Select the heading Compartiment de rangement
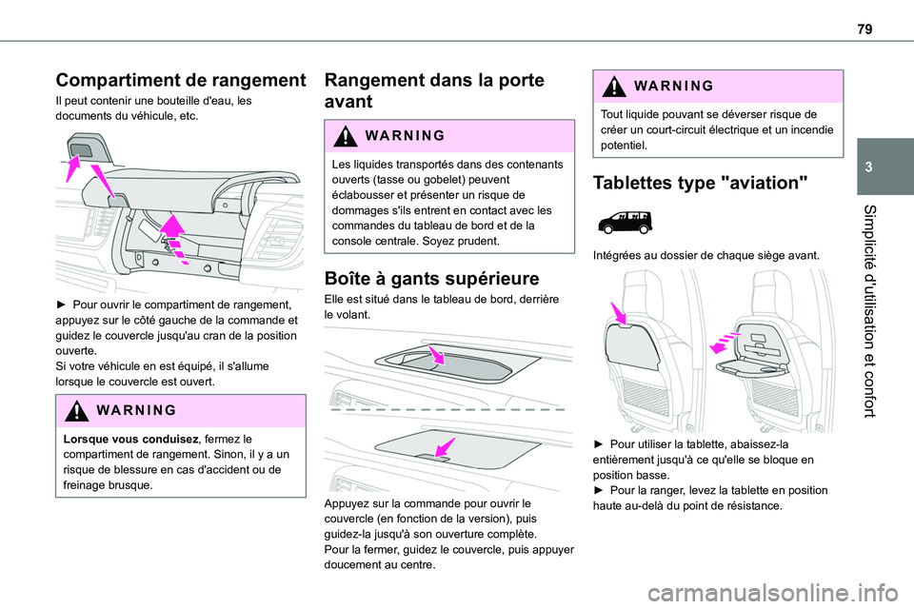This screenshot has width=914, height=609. point(181,81)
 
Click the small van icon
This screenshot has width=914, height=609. point(623,224)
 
